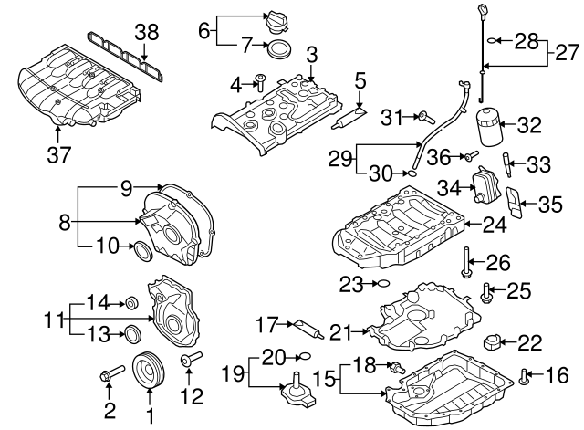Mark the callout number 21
[340, 330]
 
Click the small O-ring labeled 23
[382, 283]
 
